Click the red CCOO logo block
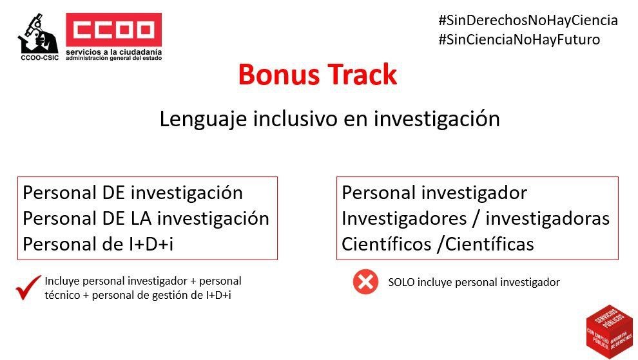[113, 30]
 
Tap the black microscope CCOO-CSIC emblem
[37, 33]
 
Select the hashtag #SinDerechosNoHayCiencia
[527, 20]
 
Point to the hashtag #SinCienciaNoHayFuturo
[518, 39]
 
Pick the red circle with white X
[365, 282]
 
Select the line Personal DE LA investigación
[146, 218]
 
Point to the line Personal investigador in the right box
[434, 193]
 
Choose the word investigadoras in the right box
[547, 218]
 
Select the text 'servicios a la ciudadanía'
[113, 52]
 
